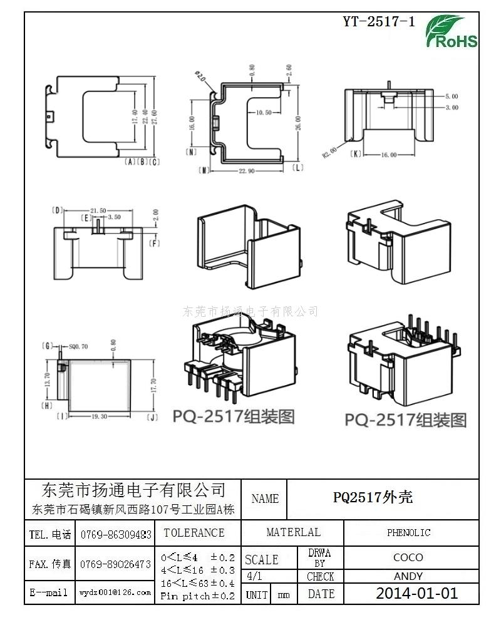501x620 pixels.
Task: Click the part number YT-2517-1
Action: (x=379, y=22)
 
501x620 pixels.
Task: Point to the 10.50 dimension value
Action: (x=264, y=113)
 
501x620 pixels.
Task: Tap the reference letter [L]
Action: (x=297, y=167)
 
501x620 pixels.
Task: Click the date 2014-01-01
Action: (x=416, y=593)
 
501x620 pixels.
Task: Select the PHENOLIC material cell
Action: (x=408, y=533)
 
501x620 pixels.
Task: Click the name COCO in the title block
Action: (x=408, y=557)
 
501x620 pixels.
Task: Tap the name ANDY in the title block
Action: (x=408, y=576)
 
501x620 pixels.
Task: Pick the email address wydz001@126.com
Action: (x=115, y=592)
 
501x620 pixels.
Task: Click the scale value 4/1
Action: (x=255, y=576)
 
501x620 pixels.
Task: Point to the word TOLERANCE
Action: (x=194, y=533)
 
